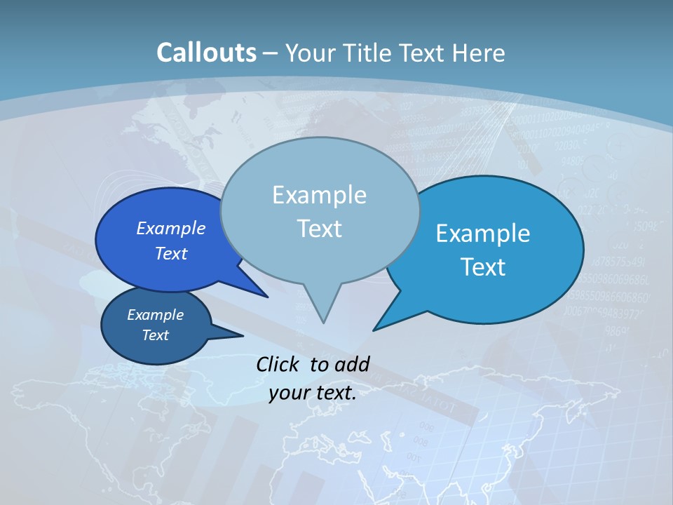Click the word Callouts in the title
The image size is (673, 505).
tap(206, 53)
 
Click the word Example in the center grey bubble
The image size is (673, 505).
tap(319, 195)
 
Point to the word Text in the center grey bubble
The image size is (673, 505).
tap(319, 229)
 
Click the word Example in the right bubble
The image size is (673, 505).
tap(483, 233)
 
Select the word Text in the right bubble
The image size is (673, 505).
tap(483, 267)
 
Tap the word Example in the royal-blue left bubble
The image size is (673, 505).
tap(171, 228)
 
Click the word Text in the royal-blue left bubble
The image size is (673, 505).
tap(171, 253)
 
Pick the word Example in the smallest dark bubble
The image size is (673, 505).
tap(155, 315)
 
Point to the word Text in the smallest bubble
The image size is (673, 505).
tap(155, 335)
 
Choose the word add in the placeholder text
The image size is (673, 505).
tap(352, 364)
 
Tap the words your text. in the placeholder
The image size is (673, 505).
tap(313, 393)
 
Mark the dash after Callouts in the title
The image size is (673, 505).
tap(271, 53)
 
